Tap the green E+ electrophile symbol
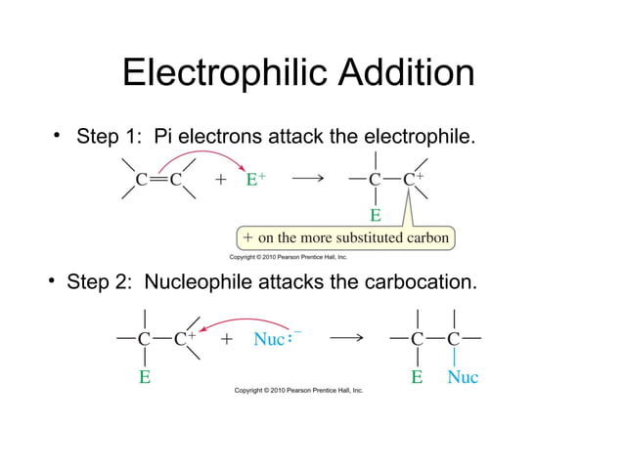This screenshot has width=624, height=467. click(255, 180)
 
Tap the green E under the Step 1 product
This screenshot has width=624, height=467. click(375, 214)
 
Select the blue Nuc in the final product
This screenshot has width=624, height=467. click(462, 376)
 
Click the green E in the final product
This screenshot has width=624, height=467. click(417, 376)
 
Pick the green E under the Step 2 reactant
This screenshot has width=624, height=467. click(144, 376)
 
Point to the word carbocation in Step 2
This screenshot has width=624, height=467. click(422, 282)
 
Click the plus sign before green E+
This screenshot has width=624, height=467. click(221, 180)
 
